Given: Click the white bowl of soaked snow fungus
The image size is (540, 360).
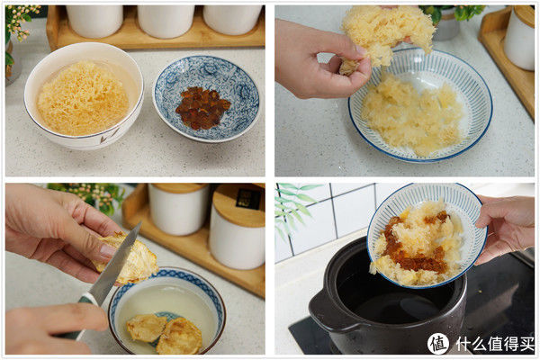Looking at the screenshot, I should (83, 97).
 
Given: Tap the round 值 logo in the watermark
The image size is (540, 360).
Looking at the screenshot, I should (438, 343).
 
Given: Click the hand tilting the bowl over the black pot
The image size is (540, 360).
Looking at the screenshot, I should (509, 225).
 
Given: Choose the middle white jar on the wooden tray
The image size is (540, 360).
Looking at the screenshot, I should (165, 20).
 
